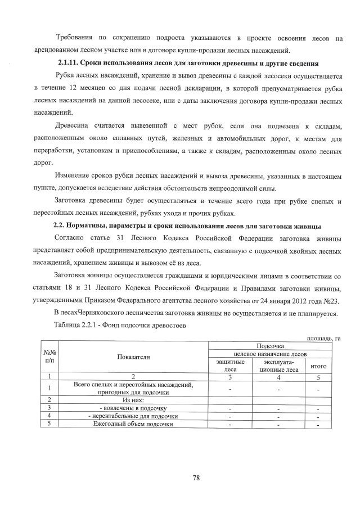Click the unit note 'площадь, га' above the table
[x=323, y=337]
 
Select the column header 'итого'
[x=318, y=366]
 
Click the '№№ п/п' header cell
[x=50, y=357]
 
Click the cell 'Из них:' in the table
[x=134, y=399]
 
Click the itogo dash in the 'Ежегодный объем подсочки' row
[x=318, y=425]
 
